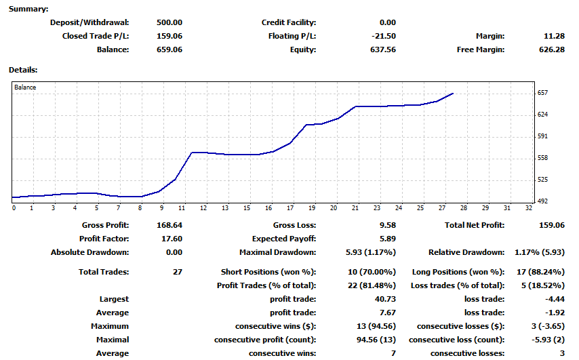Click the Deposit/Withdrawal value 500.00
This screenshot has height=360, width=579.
pos(169,22)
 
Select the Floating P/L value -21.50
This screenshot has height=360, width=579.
pos(384,36)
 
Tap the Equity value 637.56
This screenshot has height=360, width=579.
pos(383,49)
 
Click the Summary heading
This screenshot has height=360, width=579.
pos(28,9)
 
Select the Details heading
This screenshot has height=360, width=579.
pos(23,69)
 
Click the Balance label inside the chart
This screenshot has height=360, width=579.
pos(25,87)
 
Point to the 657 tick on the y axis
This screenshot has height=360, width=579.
pos(542,93)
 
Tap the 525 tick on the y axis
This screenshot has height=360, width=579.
pos(542,180)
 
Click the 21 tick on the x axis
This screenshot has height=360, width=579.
pos(355,207)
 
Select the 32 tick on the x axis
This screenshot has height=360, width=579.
pos(528,207)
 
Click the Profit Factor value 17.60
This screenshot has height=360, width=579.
pos(169,239)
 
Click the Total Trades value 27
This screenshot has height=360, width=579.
pos(178,272)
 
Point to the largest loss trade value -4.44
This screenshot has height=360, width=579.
pos(553,299)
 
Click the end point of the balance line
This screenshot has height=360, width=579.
pos(453,94)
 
